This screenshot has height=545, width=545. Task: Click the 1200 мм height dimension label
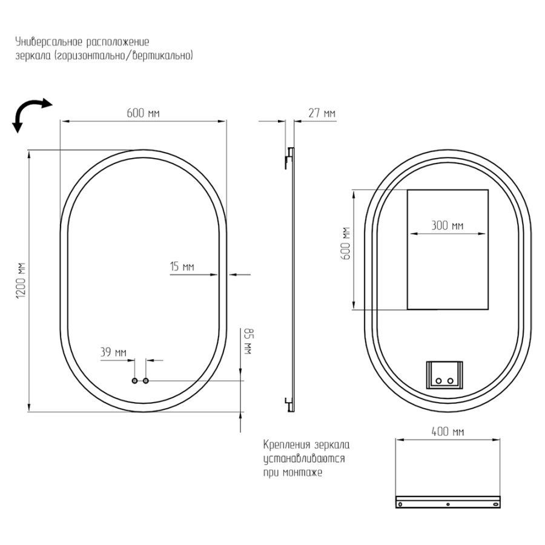click(x=21, y=280)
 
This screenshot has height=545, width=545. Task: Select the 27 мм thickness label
click(x=322, y=113)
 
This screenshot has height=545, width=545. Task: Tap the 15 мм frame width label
click(x=182, y=266)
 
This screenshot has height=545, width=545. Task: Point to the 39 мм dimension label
click(x=113, y=352)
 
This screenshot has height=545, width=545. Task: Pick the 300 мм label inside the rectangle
click(x=448, y=226)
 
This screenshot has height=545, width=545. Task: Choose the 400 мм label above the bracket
click(x=448, y=432)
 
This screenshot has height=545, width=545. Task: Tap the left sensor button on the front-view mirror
click(x=135, y=381)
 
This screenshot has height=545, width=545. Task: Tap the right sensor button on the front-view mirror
click(x=146, y=381)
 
